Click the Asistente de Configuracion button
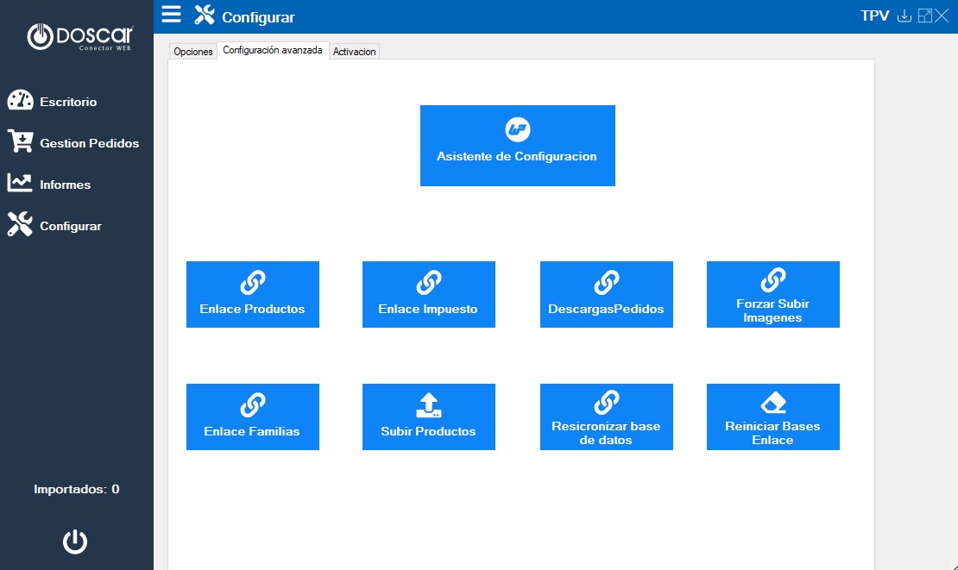[x=518, y=145]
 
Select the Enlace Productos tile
[x=252, y=294]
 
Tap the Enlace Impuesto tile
[x=428, y=294]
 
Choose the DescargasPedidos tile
[x=606, y=294]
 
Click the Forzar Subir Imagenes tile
[x=773, y=294]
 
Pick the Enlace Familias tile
[x=252, y=417]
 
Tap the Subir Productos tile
[x=428, y=417]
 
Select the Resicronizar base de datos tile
[x=606, y=417]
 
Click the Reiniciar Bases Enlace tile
[x=773, y=417]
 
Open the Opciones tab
[x=193, y=51]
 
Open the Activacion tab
[x=355, y=51]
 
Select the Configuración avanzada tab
[x=273, y=50]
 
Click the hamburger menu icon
[x=171, y=14]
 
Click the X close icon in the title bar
[x=942, y=16]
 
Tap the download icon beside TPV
[x=904, y=16]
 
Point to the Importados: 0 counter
[x=76, y=489]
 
